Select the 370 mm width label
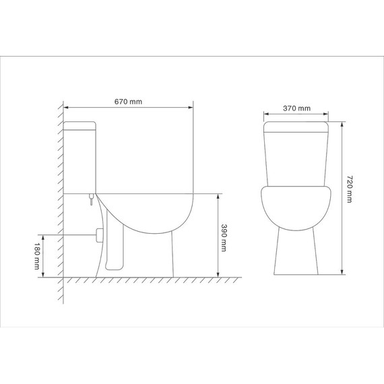point(296,108)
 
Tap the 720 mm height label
point(349,190)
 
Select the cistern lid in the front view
point(296,126)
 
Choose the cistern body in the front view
point(296,158)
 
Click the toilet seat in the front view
point(296,205)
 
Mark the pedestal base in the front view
point(296,253)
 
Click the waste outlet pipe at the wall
point(99,235)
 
